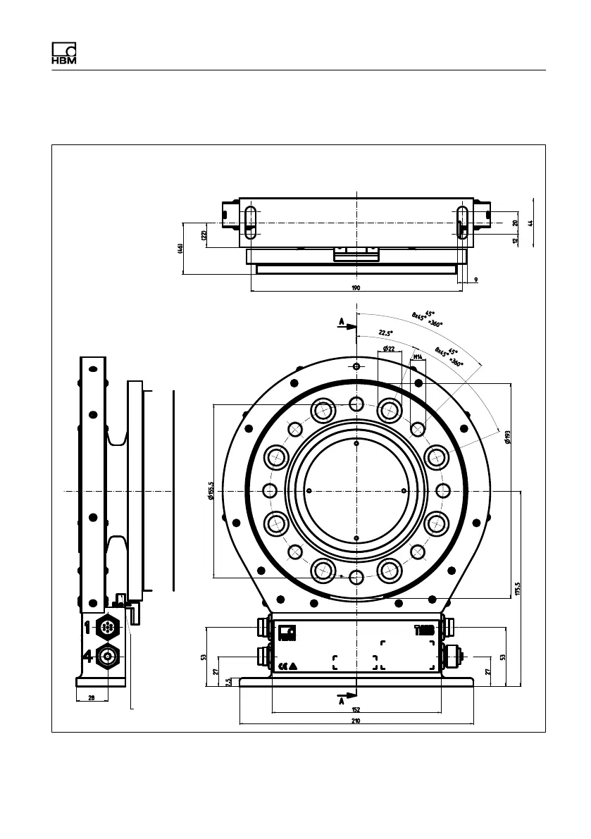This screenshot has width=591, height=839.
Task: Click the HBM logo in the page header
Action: point(63,54)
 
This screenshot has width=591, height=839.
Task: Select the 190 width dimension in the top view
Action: point(356,287)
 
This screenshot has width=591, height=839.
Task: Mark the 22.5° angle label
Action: point(385,333)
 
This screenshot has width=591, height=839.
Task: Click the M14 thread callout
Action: point(417,357)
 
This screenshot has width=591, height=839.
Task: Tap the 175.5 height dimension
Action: point(517,588)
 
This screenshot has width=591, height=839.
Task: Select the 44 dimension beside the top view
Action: point(530,222)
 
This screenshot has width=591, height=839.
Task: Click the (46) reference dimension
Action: point(180,249)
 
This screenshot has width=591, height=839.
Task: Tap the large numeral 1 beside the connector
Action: point(88,625)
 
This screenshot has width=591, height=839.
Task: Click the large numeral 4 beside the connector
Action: point(88,657)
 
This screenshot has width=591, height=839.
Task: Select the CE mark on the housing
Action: point(283,665)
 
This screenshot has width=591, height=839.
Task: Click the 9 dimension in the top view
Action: point(475,280)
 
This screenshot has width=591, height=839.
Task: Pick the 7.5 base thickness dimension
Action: point(228,682)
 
